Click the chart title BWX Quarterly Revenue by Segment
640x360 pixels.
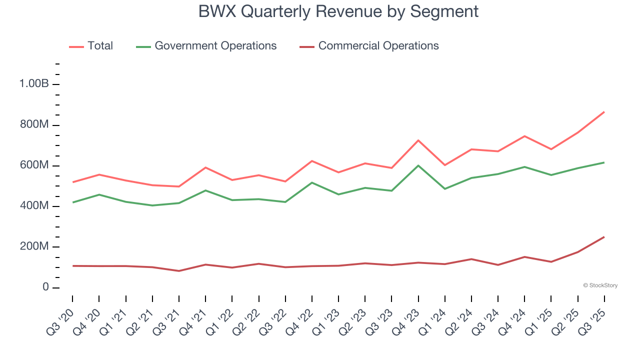pyautogui.click(x=338, y=11)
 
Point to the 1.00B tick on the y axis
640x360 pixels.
pyautogui.click(x=34, y=84)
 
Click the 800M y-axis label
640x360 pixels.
pyautogui.click(x=34, y=124)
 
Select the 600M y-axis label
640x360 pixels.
pyautogui.click(x=34, y=165)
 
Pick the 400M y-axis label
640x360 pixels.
pyautogui.click(x=34, y=206)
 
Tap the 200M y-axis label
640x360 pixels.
pyautogui.click(x=34, y=247)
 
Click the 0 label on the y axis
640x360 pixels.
pyautogui.click(x=45, y=287)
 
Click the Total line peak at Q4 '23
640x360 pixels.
pyautogui.click(x=418, y=140)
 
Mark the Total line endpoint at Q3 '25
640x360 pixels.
pyautogui.click(x=604, y=112)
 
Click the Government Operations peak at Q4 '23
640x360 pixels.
pyautogui.click(x=418, y=165)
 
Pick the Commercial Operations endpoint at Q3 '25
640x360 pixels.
pyautogui.click(x=604, y=237)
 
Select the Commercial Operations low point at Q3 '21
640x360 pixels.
pyautogui.click(x=179, y=271)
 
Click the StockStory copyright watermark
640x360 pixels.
pyautogui.click(x=600, y=285)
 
